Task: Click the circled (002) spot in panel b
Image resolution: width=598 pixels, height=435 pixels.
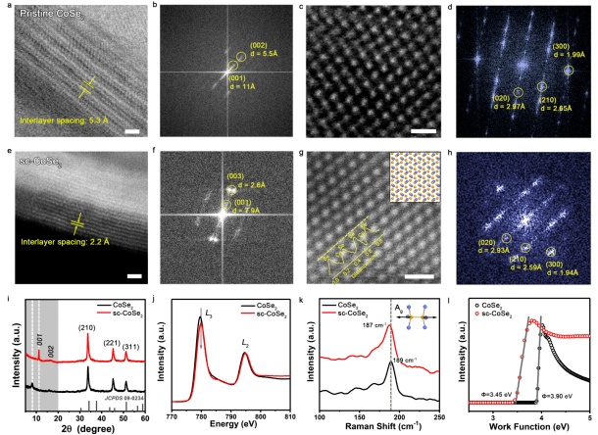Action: click(x=241, y=56)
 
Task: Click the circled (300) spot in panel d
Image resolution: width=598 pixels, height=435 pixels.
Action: click(x=569, y=71)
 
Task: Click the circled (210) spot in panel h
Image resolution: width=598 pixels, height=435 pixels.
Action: click(x=526, y=247)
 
